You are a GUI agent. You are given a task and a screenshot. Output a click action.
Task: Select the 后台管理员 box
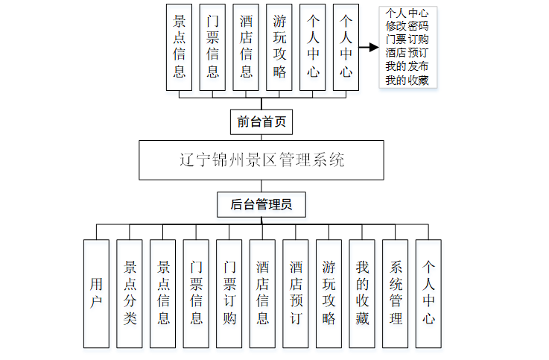261,204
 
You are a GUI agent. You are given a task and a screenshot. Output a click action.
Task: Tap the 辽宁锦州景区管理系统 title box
261,160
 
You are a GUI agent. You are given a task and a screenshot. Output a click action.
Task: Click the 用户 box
96,294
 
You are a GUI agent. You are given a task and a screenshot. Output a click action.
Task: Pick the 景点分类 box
130,294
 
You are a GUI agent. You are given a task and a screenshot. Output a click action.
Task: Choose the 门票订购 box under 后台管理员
229,294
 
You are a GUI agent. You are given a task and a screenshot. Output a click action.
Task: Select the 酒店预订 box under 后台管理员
296,294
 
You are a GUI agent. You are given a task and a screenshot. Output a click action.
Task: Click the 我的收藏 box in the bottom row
362,294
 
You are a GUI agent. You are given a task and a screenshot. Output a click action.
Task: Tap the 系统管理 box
396,294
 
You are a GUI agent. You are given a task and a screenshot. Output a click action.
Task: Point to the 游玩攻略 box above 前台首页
279,48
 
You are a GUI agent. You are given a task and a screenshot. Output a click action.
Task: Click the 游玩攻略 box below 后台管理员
329,294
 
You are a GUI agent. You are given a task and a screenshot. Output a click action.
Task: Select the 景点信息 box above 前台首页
180,48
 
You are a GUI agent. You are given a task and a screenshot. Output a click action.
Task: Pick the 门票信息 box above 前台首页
213,48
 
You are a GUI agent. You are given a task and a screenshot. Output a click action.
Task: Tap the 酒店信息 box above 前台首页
246,48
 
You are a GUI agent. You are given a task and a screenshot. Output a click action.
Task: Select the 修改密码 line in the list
407,26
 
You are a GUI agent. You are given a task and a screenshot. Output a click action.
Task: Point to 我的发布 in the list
407,66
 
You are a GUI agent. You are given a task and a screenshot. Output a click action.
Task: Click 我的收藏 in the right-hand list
407,80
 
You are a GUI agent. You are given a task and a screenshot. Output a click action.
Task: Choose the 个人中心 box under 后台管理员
428,294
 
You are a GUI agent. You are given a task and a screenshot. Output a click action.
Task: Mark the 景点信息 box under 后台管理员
162,294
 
